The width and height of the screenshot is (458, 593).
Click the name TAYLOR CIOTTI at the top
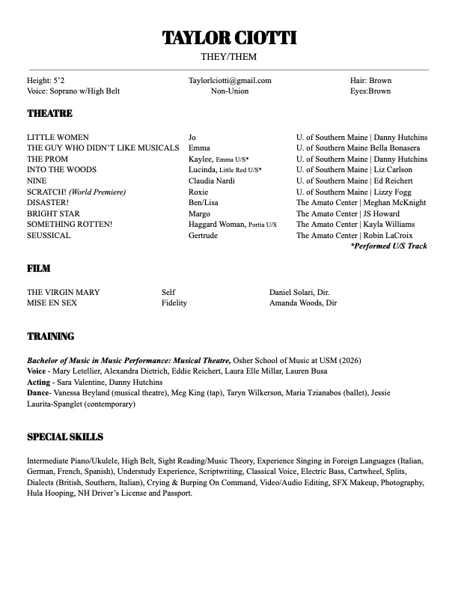(229, 38)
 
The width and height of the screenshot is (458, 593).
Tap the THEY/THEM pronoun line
(228, 57)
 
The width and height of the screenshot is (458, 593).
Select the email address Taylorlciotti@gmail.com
(230, 81)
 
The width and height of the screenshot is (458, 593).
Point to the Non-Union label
(229, 91)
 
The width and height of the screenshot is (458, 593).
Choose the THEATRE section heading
(49, 114)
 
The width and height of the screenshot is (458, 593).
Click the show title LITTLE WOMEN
(58, 138)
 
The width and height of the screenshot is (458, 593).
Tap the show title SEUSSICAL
(49, 235)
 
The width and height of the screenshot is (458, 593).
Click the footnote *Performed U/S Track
(388, 246)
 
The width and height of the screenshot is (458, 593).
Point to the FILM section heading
(39, 267)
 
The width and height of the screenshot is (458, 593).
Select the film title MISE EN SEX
(52, 303)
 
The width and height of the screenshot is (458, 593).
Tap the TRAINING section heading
(50, 337)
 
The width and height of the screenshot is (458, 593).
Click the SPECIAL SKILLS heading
(65, 437)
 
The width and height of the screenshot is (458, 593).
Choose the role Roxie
(198, 192)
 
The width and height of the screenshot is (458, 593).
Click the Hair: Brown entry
(370, 81)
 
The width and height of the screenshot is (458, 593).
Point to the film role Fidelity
(174, 303)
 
